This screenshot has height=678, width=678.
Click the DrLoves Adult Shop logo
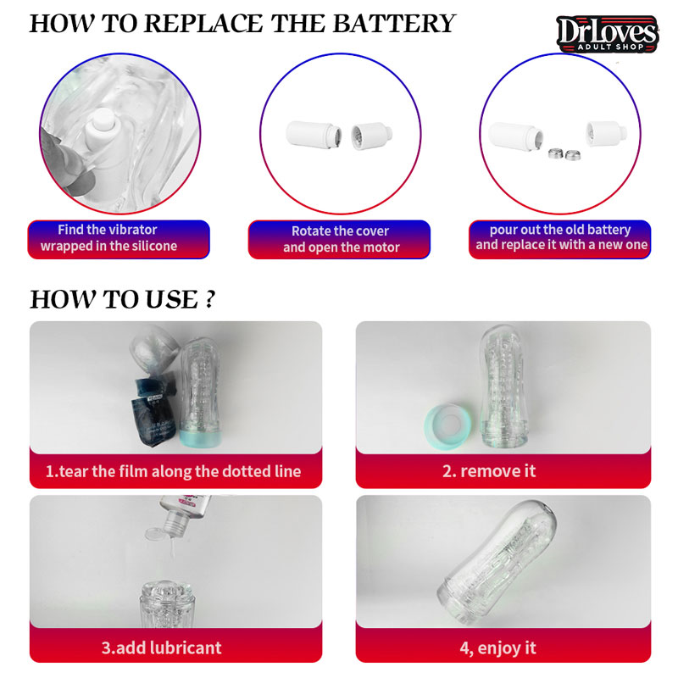point(607,34)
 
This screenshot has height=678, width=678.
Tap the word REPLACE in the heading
point(203,24)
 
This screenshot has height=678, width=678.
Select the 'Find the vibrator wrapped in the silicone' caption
point(108,238)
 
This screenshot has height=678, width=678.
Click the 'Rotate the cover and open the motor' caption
point(341,239)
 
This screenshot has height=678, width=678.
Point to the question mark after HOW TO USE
point(209,298)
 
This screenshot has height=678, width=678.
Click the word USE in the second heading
point(172,299)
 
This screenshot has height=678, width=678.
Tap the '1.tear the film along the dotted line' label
point(173,471)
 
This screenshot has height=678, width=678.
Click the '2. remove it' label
point(489,471)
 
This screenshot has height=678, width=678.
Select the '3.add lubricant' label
point(161,647)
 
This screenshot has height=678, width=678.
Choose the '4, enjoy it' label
point(497,648)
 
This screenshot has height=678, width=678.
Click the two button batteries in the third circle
point(564,154)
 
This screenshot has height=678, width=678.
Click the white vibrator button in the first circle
point(103,121)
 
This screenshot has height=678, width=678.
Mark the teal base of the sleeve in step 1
point(200,438)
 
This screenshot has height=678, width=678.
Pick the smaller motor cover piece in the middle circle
point(371,136)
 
